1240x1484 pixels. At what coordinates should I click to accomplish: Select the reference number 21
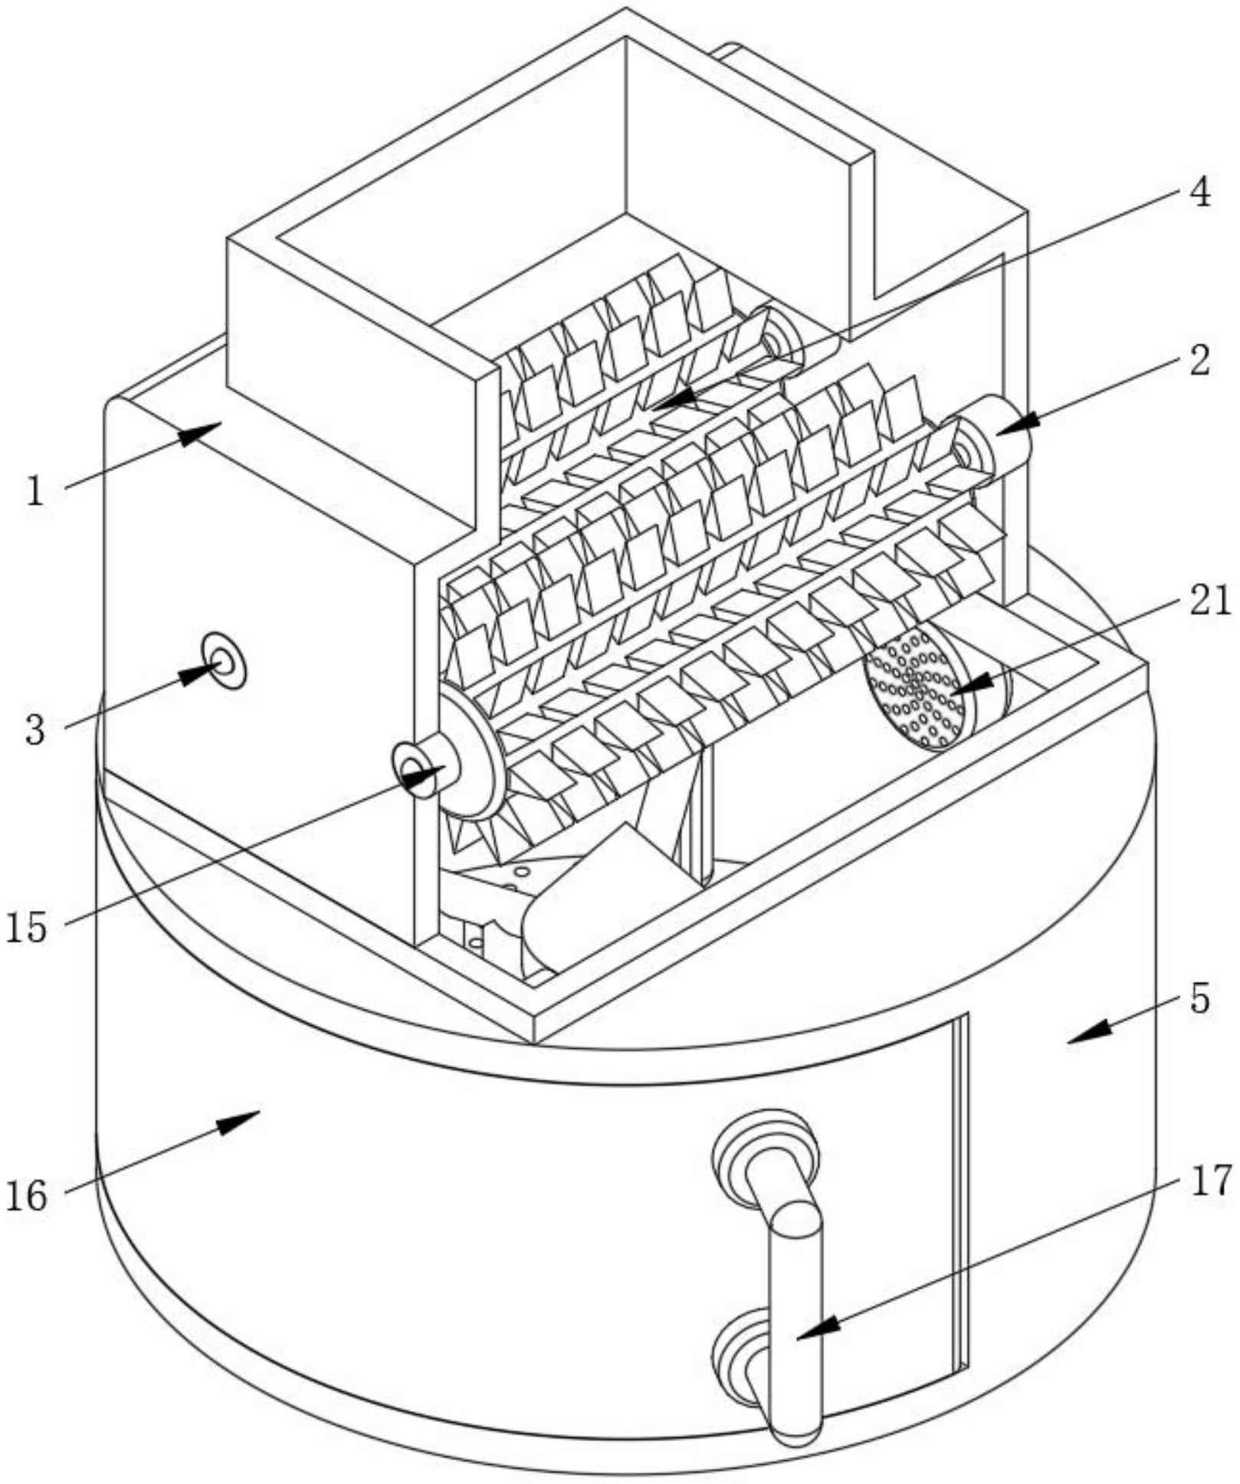tap(1209, 601)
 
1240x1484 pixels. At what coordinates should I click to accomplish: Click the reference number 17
tap(1209, 1181)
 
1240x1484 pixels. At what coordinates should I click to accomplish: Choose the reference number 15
tap(27, 929)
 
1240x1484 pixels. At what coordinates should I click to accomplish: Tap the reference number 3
tap(34, 730)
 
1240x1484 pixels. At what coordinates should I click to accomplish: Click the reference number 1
tap(34, 491)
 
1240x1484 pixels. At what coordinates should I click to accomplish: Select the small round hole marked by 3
tap(223, 660)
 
